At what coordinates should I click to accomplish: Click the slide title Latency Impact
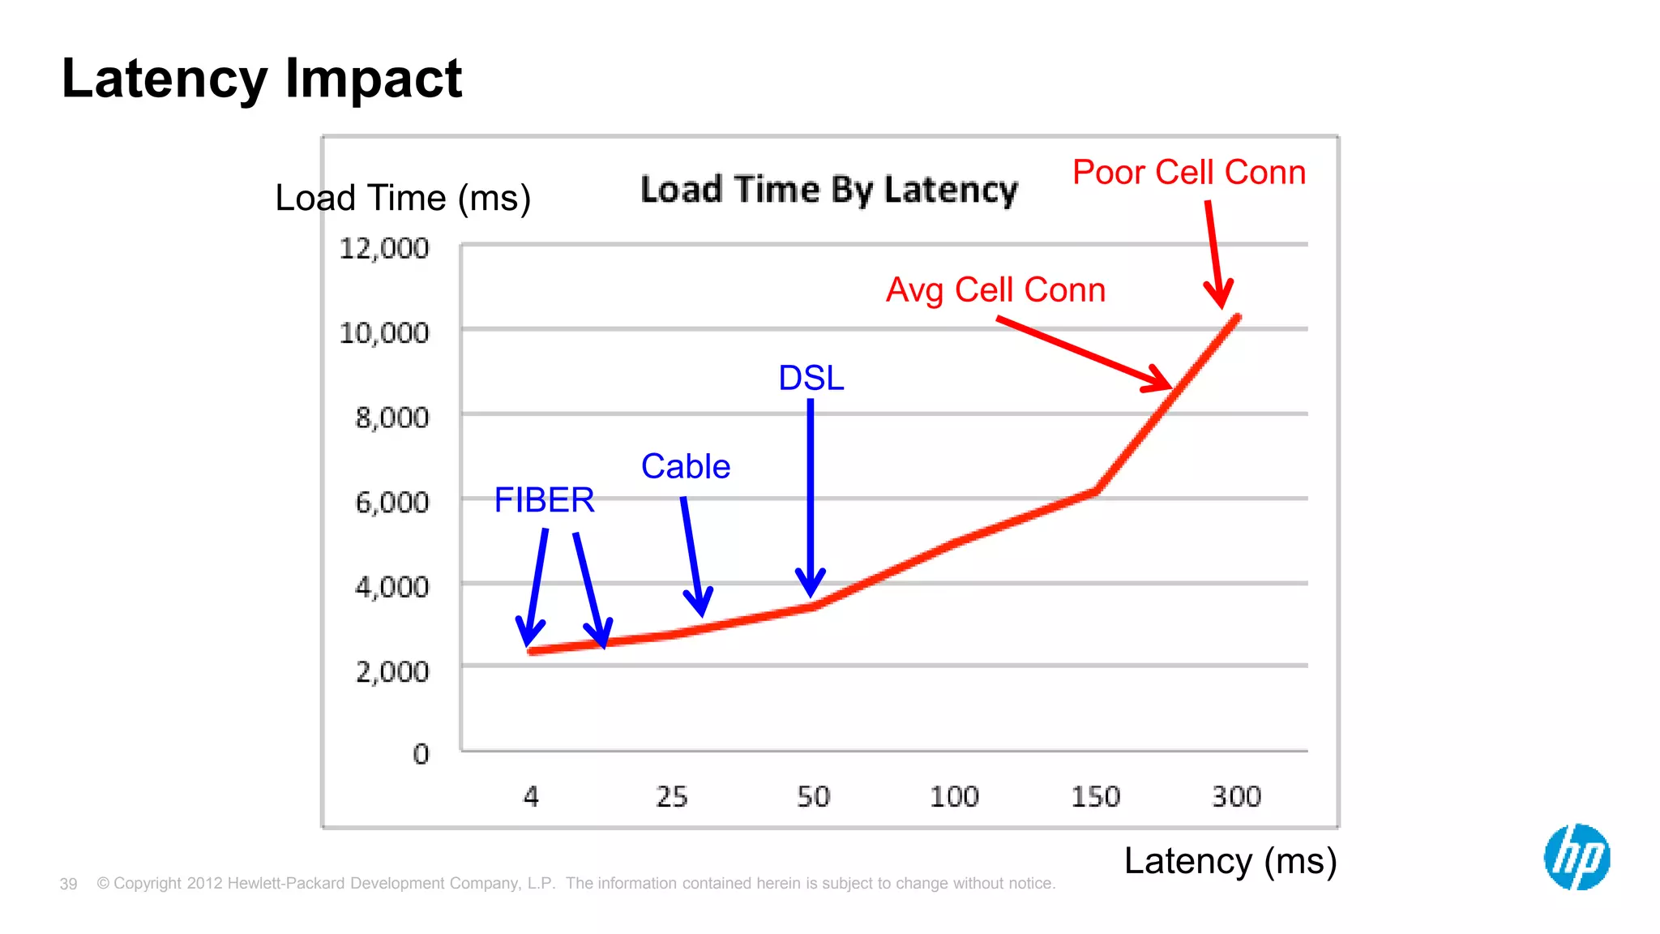coord(262,79)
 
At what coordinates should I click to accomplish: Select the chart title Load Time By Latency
coord(828,190)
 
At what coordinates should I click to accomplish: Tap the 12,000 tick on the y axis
coord(384,248)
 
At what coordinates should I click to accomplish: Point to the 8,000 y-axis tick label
coord(392,418)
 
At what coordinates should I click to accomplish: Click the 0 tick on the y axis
coord(421,754)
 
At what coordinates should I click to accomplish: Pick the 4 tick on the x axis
coord(531,796)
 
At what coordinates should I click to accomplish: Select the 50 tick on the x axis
coord(813,796)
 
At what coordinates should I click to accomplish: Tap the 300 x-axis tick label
coord(1236,796)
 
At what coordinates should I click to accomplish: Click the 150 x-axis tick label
coord(1095,796)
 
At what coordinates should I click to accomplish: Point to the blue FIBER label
coord(545,500)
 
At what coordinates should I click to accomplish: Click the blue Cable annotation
coord(686,467)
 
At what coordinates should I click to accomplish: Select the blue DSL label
coord(811,378)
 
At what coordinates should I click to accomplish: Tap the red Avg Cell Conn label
coord(995,290)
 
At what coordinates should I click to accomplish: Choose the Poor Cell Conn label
coord(1189,173)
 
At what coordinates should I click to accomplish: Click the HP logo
coord(1577,857)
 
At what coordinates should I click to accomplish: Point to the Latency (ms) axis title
coord(1230,861)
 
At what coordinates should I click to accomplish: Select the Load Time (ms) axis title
coord(403,199)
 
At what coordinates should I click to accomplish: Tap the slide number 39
coord(68,884)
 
